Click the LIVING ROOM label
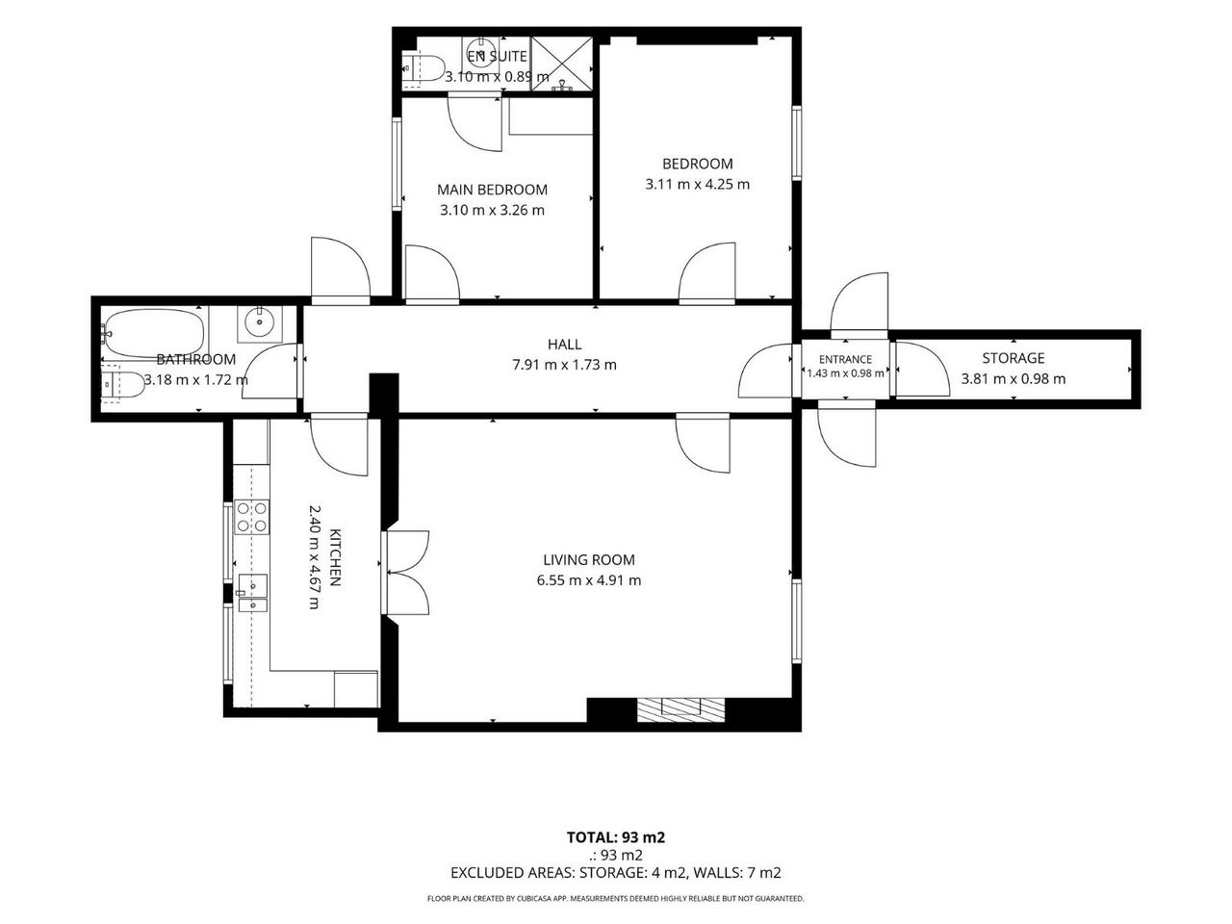(589, 559)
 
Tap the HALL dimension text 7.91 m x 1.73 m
(564, 365)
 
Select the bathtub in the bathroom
(154, 334)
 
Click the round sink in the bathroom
(259, 323)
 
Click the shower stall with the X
(562, 63)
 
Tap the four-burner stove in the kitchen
(251, 517)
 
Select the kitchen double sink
(252, 593)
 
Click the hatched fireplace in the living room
(680, 709)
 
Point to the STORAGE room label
(1014, 358)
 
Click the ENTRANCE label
(845, 360)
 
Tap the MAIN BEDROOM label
(492, 190)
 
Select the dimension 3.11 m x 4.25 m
(697, 184)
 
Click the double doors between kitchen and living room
(405, 573)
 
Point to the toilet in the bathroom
(123, 384)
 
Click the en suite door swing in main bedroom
(475, 124)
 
